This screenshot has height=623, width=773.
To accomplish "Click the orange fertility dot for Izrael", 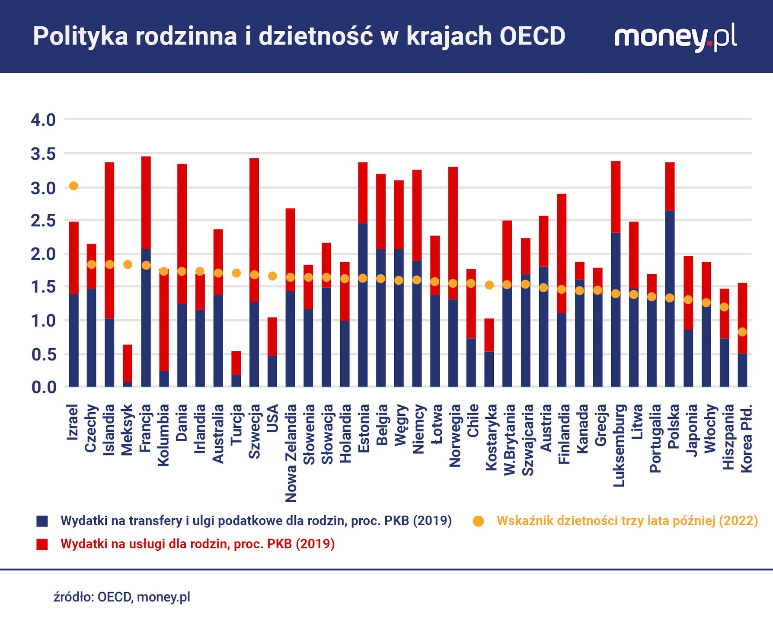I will tap(73, 186).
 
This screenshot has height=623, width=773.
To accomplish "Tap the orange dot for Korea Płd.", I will tap(742, 332).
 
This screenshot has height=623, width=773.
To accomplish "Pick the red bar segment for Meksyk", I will tap(128, 363).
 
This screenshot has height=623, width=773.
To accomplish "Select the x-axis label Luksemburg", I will tap(619, 445).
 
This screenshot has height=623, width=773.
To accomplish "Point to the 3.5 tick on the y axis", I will tap(43, 154).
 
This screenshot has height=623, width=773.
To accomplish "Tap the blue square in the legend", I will tap(42, 521).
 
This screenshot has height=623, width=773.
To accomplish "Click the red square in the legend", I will tap(42, 544).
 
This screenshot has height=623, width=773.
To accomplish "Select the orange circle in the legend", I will tap(478, 521).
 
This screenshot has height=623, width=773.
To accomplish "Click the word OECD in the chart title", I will tap(533, 36).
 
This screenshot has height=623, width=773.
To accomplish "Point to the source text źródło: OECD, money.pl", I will tap(122, 597).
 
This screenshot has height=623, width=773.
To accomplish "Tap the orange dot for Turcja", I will tap(236, 273).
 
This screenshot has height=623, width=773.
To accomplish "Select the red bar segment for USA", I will tap(272, 337).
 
